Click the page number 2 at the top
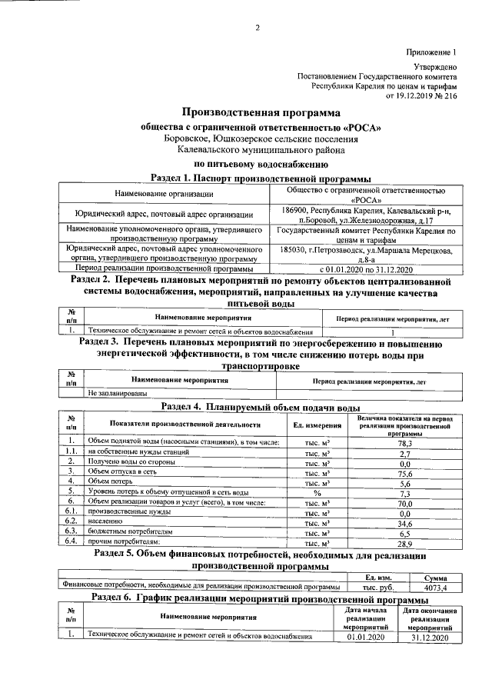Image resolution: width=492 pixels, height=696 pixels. [x=258, y=28]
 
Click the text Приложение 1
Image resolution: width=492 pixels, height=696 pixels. [x=432, y=52]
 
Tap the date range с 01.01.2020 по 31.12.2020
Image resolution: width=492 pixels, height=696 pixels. [x=366, y=269]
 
